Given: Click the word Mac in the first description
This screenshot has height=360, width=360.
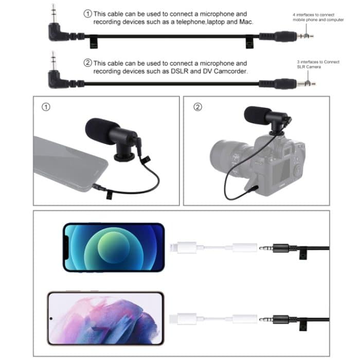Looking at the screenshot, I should pos(246,23).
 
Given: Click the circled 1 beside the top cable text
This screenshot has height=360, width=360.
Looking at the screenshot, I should pos(87,14).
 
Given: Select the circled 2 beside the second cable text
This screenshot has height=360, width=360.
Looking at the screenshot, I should pos(87,63).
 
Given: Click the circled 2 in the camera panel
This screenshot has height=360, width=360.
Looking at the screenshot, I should pos(197,107).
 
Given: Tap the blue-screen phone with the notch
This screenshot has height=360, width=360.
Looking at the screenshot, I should pos(114,247).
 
